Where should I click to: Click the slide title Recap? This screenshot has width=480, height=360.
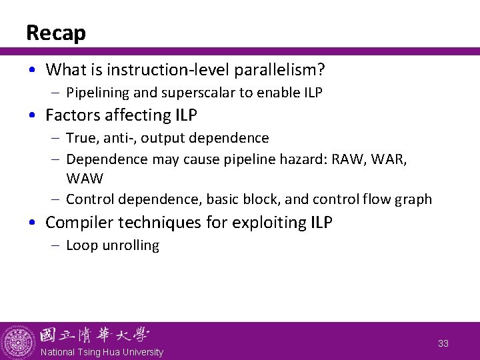click(56, 33)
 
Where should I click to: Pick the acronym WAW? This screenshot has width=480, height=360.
click(84, 179)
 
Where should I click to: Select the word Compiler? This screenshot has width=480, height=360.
click(77, 223)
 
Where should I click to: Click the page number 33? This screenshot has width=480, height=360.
click(443, 343)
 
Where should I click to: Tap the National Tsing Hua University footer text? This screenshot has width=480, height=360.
click(101, 352)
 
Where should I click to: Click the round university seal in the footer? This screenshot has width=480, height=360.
click(18, 341)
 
